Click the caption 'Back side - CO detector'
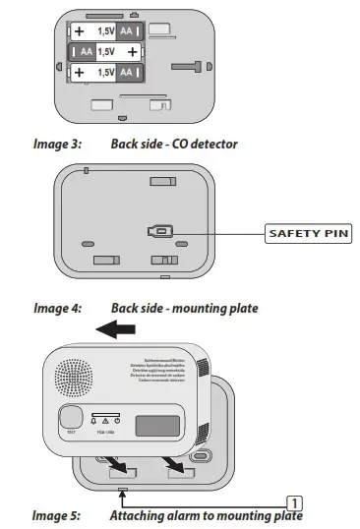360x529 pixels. pyautogui.click(x=174, y=144)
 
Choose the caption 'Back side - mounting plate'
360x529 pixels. pyautogui.click(x=185, y=308)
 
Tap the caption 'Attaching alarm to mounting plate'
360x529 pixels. pyautogui.click(x=206, y=515)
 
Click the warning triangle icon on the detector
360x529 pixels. pyautogui.click(x=105, y=420)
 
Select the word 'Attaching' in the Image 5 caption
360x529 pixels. pyautogui.click(x=138, y=515)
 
